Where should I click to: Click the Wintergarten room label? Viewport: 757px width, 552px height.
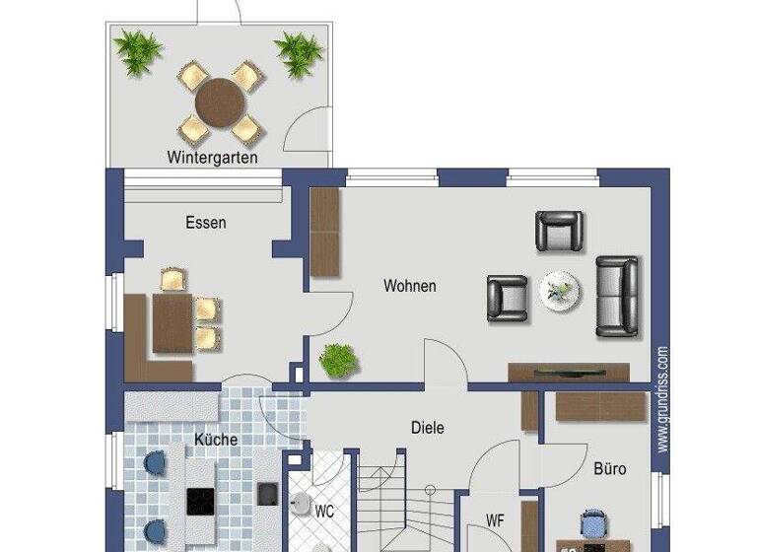point(213,157)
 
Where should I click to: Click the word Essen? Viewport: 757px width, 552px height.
point(205,223)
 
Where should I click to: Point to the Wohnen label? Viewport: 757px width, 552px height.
point(410,287)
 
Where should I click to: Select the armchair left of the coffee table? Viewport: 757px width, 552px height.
point(508,297)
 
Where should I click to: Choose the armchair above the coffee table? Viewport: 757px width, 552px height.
point(559,232)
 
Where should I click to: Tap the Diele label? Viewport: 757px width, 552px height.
point(428,428)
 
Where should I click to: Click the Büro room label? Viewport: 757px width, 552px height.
point(609,469)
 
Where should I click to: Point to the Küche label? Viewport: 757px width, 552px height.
point(215,440)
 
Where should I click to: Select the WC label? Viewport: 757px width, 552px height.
point(325,513)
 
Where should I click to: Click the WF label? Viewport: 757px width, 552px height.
point(496,519)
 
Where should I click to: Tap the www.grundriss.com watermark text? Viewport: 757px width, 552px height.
point(663,396)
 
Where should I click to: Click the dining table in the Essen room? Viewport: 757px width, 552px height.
point(173,323)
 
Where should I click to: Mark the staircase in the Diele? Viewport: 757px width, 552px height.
point(404,503)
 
